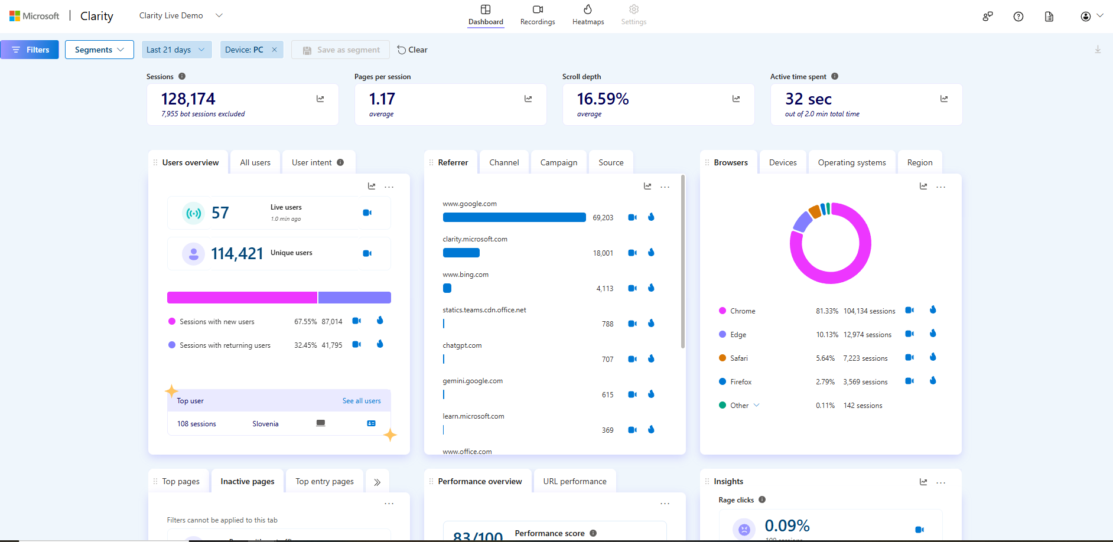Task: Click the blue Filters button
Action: [30, 50]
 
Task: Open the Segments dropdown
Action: [99, 50]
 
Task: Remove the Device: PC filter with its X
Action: [274, 50]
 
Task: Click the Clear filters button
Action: [412, 50]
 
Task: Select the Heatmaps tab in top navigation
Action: [588, 15]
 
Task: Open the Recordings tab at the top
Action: [538, 15]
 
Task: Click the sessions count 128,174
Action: [188, 99]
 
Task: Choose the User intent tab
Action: [312, 162]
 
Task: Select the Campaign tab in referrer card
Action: [558, 162]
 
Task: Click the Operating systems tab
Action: [851, 162]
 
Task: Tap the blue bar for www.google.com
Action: [514, 217]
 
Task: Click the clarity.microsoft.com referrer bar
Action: [461, 253]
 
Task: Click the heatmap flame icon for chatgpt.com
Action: [651, 358]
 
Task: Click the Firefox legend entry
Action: [740, 382]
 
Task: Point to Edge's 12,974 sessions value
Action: [867, 335]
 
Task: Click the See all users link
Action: [362, 401]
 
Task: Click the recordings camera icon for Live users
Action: [367, 213]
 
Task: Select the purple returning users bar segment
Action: [354, 298]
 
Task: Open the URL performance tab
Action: [574, 481]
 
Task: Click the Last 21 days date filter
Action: [175, 50]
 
